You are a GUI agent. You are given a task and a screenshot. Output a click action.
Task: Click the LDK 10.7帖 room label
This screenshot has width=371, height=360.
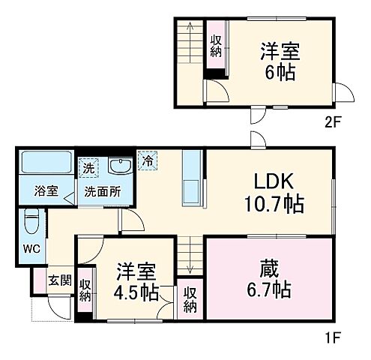(272, 192)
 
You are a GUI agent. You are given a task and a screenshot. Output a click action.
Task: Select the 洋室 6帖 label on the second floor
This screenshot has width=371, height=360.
(280, 61)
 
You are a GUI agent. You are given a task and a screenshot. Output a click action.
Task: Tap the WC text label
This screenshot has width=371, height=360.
(31, 249)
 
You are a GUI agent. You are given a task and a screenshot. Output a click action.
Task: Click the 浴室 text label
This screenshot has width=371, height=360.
(46, 190)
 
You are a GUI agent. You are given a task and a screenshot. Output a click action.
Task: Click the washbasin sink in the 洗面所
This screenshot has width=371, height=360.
(118, 166)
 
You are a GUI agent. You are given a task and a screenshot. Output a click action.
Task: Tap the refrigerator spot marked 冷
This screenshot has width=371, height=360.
(148, 160)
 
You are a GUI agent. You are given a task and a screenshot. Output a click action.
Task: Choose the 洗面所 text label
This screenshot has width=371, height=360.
(103, 190)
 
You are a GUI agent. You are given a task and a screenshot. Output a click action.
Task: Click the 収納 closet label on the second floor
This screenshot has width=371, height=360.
(216, 46)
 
